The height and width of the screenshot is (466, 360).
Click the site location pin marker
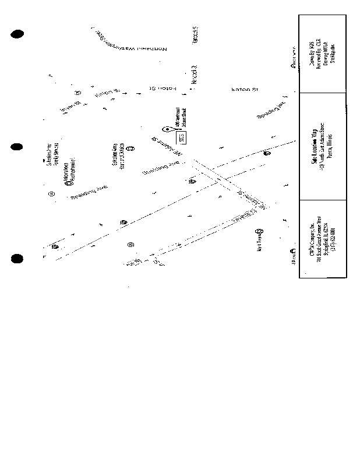(x=167, y=129)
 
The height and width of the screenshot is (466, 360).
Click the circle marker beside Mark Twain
(x=259, y=231)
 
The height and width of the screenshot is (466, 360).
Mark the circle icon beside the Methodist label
(x=68, y=182)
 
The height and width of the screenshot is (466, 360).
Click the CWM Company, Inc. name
(x=312, y=239)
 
